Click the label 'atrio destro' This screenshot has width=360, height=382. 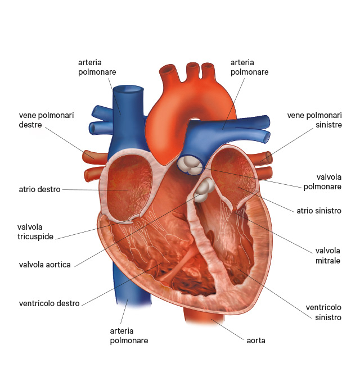[x=39, y=189]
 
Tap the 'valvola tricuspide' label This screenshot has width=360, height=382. [x=35, y=231]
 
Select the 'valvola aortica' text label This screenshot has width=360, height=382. [x=45, y=265]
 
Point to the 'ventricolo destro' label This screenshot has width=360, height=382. [x=49, y=303]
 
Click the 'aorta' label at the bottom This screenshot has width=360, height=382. [x=256, y=340]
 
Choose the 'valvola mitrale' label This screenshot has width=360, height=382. [x=327, y=256]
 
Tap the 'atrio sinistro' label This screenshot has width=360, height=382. [x=319, y=211]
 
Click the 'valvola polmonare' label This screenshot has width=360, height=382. [x=322, y=182]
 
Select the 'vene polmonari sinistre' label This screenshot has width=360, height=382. [x=314, y=120]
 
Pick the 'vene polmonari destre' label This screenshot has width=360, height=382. [x=46, y=120]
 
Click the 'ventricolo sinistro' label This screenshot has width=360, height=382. [x=323, y=312]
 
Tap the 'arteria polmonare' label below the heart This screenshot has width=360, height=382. [x=129, y=336]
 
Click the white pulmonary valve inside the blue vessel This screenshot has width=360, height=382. [x=190, y=165]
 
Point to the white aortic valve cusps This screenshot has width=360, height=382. [x=204, y=190]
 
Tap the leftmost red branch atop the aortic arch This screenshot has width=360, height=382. [x=168, y=72]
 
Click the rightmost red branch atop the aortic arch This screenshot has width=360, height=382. [x=208, y=70]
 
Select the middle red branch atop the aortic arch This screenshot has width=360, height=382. [x=193, y=70]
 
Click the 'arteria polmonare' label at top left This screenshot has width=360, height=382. [x=97, y=67]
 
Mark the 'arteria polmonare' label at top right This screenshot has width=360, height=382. [x=250, y=67]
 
